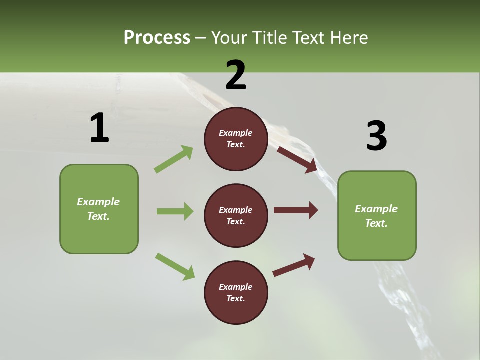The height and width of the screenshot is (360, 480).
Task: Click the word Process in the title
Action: click(x=157, y=38)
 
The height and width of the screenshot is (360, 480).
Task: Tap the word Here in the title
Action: click(x=348, y=38)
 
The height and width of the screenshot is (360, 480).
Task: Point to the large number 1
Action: click(x=99, y=128)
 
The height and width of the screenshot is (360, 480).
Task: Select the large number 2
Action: click(x=236, y=75)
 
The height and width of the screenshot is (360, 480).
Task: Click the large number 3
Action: click(x=376, y=136)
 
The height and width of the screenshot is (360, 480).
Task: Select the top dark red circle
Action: click(x=236, y=139)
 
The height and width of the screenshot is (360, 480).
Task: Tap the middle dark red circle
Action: click(x=236, y=215)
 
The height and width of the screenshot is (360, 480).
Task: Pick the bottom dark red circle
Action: click(x=236, y=292)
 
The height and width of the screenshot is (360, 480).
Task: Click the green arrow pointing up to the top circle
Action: click(x=173, y=159)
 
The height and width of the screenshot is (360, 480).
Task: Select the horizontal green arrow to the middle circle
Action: click(x=175, y=211)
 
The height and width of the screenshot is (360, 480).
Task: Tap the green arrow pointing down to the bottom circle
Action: click(x=175, y=266)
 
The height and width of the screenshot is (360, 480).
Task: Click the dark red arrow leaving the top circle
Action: click(x=297, y=159)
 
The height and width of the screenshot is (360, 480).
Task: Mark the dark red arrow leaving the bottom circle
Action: click(x=294, y=265)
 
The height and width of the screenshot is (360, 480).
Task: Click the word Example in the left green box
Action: click(x=98, y=202)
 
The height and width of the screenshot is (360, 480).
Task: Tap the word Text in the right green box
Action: click(x=376, y=223)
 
